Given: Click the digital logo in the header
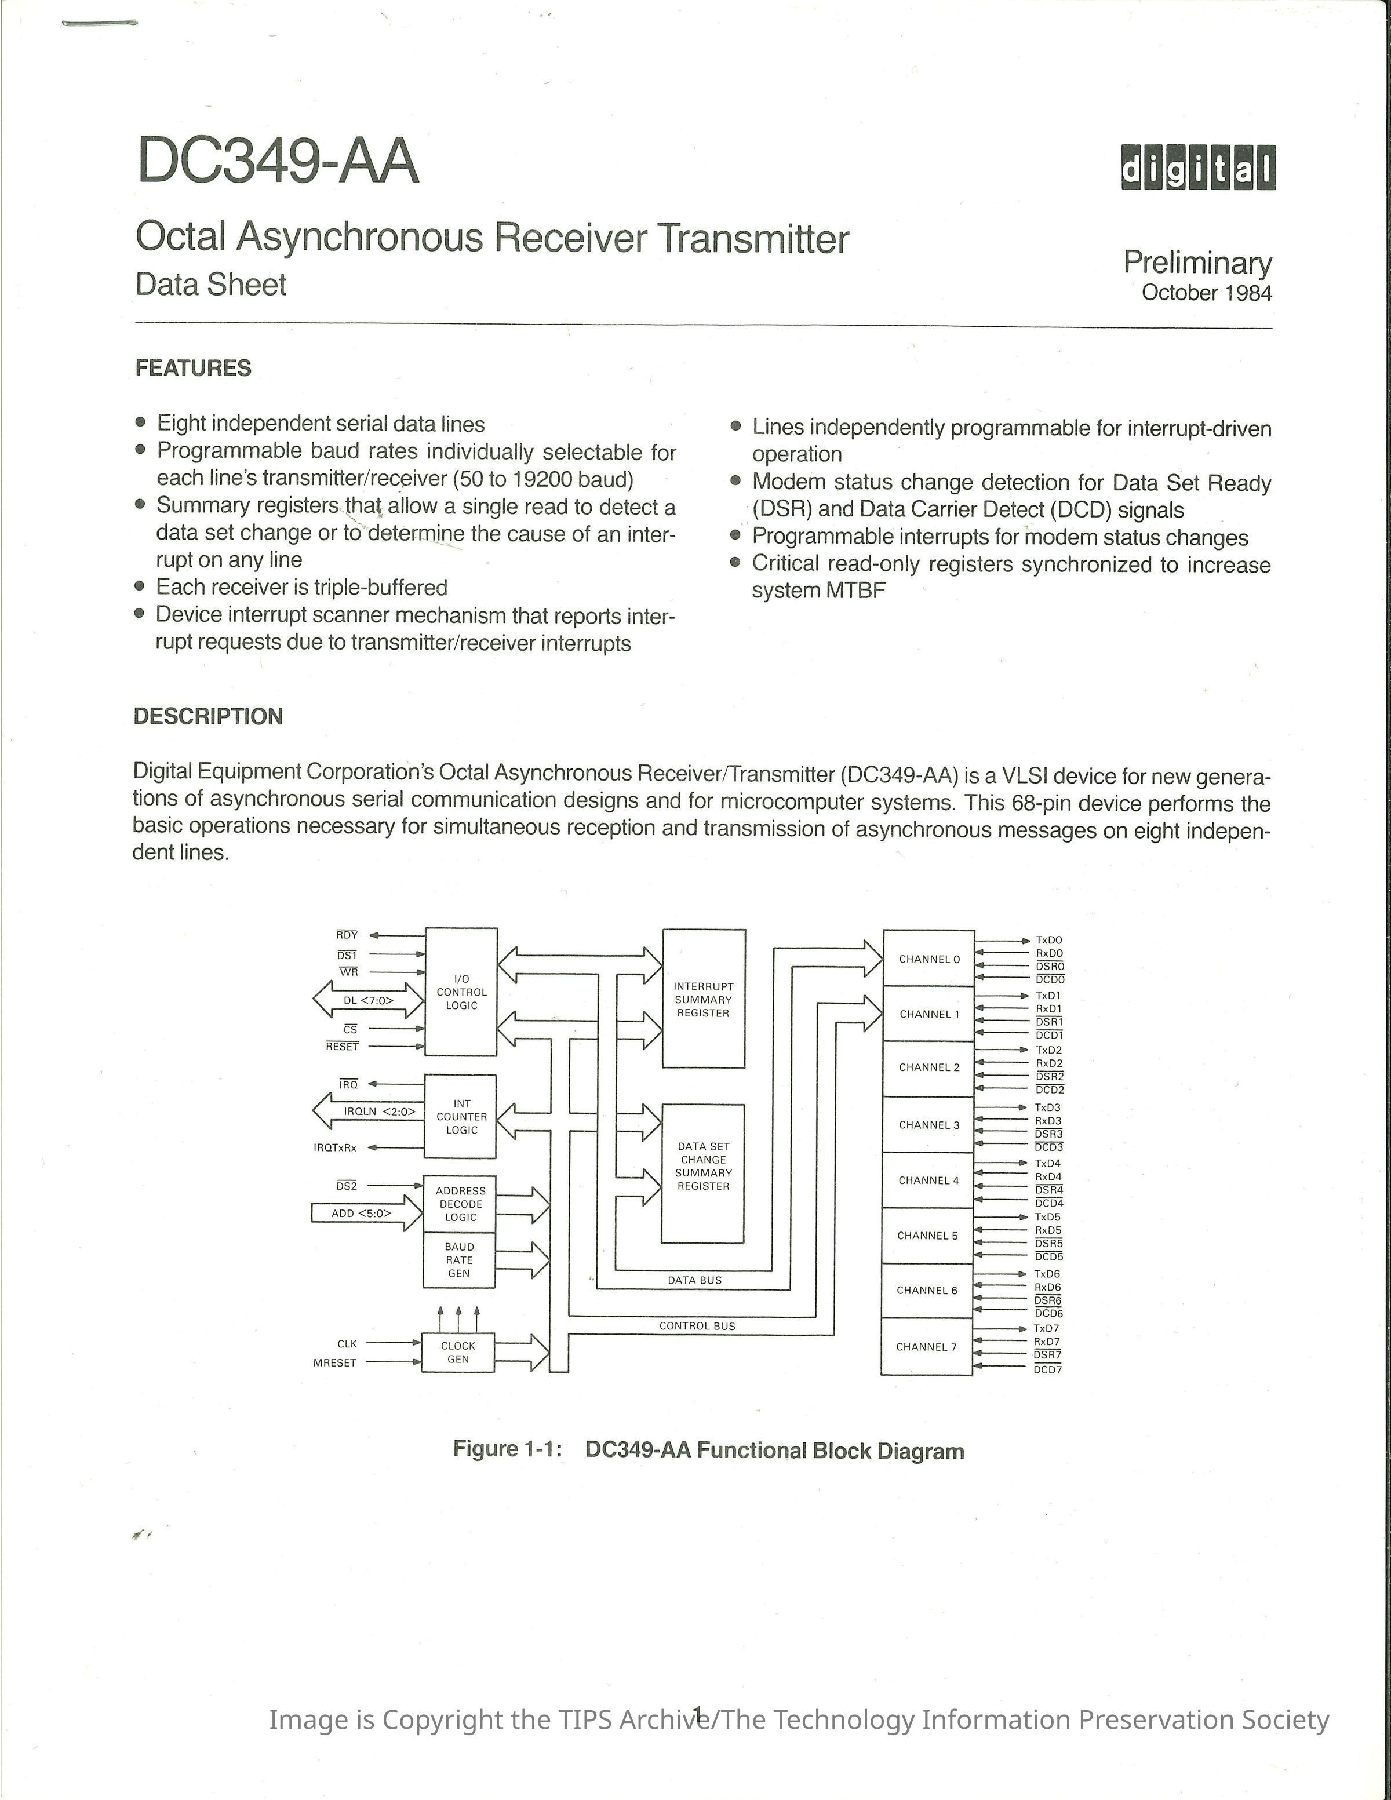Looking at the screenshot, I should pyautogui.click(x=1197, y=167).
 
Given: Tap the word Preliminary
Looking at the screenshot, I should pyautogui.click(x=1197, y=263).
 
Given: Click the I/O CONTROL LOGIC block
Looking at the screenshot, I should pyautogui.click(x=461, y=992).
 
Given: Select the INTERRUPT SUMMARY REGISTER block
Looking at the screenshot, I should pyautogui.click(x=704, y=999).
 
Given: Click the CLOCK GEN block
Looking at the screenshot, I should pyautogui.click(x=458, y=1353).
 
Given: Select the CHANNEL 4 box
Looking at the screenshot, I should pyautogui.click(x=928, y=1180).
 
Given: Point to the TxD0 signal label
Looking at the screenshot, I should pyautogui.click(x=1049, y=939).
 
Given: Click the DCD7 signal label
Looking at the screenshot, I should pyautogui.click(x=1048, y=1370).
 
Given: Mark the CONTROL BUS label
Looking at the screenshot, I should pyautogui.click(x=697, y=1326).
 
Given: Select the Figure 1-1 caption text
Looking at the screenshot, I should pyautogui.click(x=708, y=1451).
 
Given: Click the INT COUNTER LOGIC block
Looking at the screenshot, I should pyautogui.click(x=461, y=1117).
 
